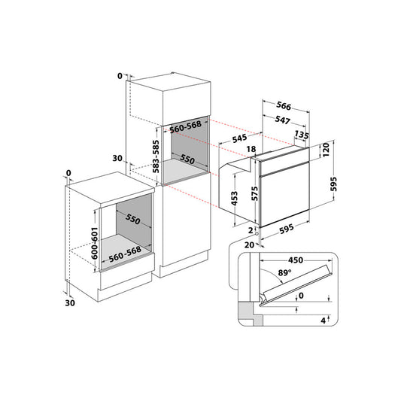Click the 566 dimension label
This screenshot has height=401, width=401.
point(284,105)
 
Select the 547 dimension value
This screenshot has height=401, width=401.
point(283,120)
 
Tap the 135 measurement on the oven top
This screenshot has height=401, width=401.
point(302,135)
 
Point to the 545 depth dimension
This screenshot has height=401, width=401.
point(240,138)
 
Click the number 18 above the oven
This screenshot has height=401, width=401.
point(251,149)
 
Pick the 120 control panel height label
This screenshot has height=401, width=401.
point(326,150)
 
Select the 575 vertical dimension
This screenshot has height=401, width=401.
point(254,193)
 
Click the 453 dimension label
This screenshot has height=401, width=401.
point(234,199)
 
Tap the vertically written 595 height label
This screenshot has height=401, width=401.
point(333,184)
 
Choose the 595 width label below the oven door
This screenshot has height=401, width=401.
point(287,229)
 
